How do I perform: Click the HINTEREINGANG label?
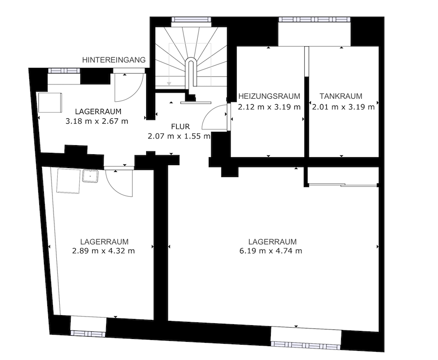pyautogui.click(x=114, y=60)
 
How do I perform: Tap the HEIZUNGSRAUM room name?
pyautogui.click(x=269, y=96)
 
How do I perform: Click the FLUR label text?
pyautogui.click(x=181, y=127)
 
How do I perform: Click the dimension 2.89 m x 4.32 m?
pyautogui.click(x=104, y=251)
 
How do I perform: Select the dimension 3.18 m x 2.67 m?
pyautogui.click(x=97, y=121)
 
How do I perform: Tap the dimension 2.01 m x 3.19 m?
pyautogui.click(x=343, y=107)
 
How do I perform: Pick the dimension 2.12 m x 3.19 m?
pyautogui.click(x=269, y=107)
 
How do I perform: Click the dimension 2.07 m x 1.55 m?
pyautogui.click(x=179, y=136)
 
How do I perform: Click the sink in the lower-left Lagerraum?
pyautogui.click(x=90, y=176)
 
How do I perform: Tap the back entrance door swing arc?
pyautogui.click(x=128, y=88)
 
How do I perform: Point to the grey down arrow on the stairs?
pyautogui.click(x=169, y=83)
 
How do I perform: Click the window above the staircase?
pyautogui.click(x=191, y=20)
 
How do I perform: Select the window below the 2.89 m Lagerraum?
pyautogui.click(x=88, y=333)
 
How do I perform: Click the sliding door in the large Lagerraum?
pyautogui.click(x=342, y=185)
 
